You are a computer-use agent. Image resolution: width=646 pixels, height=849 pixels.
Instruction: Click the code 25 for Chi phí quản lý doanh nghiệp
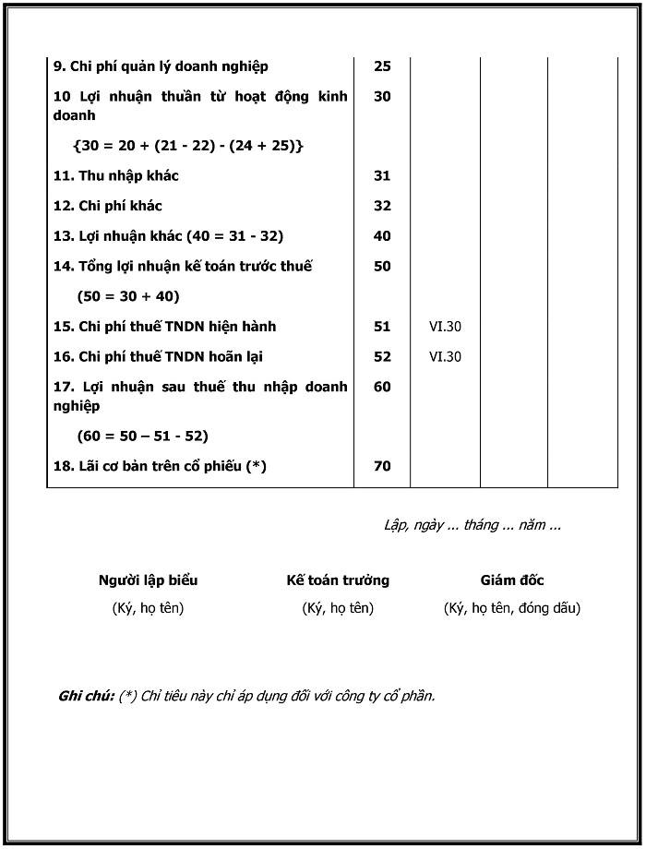click(x=382, y=66)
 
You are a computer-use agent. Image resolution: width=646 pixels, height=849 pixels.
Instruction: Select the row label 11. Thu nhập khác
click(x=115, y=175)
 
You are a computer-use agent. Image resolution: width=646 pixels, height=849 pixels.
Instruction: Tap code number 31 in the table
click(x=382, y=175)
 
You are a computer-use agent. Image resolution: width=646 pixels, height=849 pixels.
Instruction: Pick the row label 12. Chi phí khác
click(x=107, y=206)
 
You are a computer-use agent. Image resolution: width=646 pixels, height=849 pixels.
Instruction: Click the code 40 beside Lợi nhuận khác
click(x=382, y=236)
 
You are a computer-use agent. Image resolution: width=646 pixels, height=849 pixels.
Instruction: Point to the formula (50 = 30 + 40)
click(x=128, y=296)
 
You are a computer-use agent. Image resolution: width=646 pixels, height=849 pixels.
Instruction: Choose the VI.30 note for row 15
click(x=445, y=327)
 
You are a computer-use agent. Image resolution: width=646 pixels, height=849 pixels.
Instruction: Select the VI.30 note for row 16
click(x=445, y=357)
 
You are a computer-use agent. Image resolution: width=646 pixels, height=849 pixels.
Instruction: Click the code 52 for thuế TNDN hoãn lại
click(x=382, y=357)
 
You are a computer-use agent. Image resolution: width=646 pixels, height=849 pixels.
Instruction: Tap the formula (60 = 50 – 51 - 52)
click(x=143, y=436)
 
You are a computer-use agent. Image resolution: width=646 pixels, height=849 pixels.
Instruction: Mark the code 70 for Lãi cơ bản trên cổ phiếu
click(x=382, y=466)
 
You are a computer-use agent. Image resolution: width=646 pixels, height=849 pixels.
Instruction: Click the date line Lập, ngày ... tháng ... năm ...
click(x=472, y=525)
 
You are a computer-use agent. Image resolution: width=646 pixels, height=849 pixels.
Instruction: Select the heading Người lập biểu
click(x=148, y=580)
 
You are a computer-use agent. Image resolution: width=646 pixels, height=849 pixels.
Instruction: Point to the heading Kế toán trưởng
click(x=338, y=580)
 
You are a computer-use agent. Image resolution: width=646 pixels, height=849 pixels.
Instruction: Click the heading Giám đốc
click(x=512, y=580)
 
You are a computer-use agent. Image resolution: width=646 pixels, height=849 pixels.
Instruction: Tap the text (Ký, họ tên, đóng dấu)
click(x=512, y=608)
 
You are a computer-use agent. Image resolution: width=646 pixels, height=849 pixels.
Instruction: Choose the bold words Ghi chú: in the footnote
click(x=86, y=696)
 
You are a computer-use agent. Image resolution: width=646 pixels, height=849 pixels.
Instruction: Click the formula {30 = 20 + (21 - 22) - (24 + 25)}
click(x=187, y=146)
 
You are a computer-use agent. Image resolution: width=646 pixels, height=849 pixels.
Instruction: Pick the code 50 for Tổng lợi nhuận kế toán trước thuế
click(x=382, y=267)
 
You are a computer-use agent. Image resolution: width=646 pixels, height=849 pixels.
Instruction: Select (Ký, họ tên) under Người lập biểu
click(x=148, y=608)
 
